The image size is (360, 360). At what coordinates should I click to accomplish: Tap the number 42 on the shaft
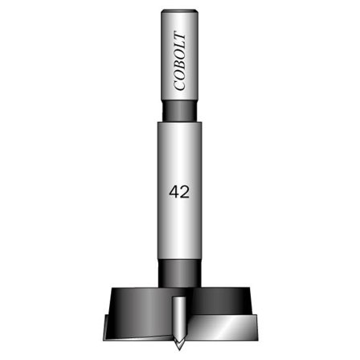(x=179, y=192)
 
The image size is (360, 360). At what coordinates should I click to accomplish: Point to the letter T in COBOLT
(x=180, y=38)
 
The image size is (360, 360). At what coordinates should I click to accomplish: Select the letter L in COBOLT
(x=180, y=47)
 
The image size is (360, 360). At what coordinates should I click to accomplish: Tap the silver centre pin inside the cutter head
(x=179, y=309)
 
